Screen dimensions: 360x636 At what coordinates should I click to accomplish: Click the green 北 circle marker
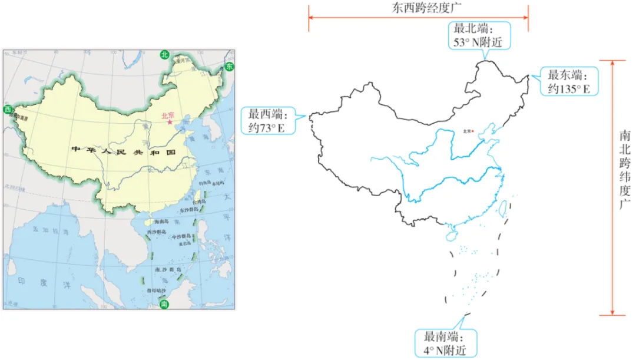click(165, 54)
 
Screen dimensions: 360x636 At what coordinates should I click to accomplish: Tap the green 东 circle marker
click(228, 67)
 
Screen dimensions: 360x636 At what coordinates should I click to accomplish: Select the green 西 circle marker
click(8, 110)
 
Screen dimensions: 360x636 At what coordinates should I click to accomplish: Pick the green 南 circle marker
click(164, 304)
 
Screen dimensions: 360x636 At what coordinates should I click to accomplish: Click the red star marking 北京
click(170, 123)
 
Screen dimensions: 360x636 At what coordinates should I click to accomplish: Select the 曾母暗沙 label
click(157, 291)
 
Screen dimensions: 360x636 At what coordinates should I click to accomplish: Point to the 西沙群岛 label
click(158, 232)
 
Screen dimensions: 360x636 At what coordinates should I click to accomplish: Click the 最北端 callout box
click(481, 35)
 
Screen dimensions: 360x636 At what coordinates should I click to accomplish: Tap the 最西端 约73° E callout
click(270, 121)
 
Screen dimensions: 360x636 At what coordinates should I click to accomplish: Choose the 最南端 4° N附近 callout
click(445, 343)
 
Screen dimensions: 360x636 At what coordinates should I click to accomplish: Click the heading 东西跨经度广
click(419, 9)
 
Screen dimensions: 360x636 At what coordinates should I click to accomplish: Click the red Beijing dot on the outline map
click(473, 131)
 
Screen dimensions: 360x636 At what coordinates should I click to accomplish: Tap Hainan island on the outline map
click(451, 235)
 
